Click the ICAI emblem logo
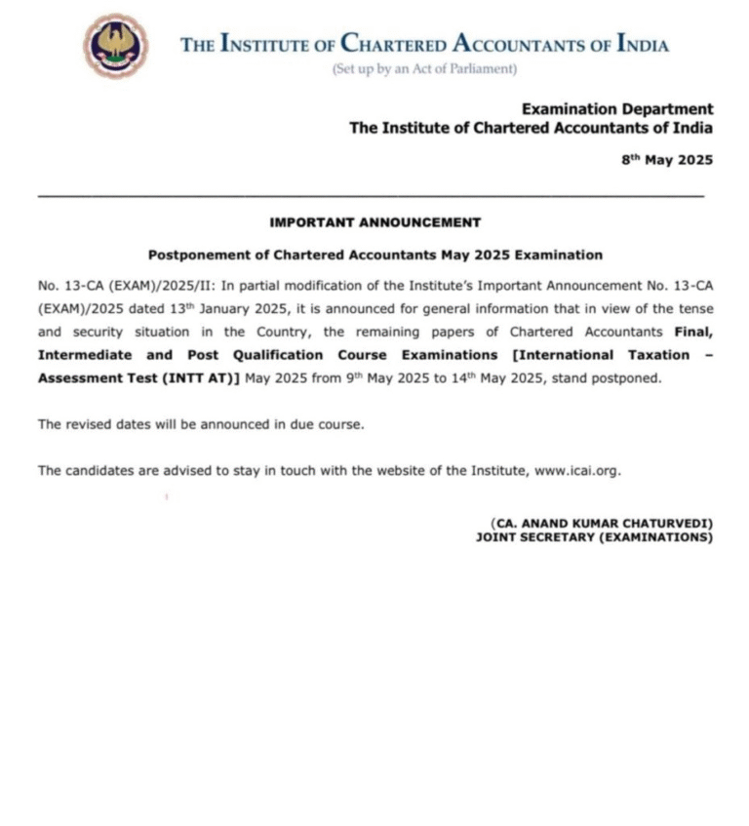pos(115,46)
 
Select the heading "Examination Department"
pos(616,109)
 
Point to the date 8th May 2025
pos(667,160)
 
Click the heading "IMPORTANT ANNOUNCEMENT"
pos(374,222)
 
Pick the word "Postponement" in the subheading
pos(191,255)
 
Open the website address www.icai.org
pos(576,470)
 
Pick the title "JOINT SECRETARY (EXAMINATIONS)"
pos(594,536)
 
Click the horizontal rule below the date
pos(371,197)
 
